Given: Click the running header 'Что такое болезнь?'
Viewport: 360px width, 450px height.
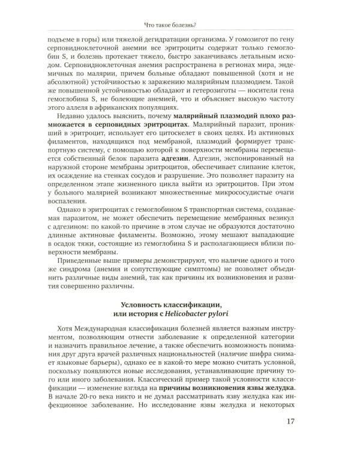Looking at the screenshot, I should point(179,24).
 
